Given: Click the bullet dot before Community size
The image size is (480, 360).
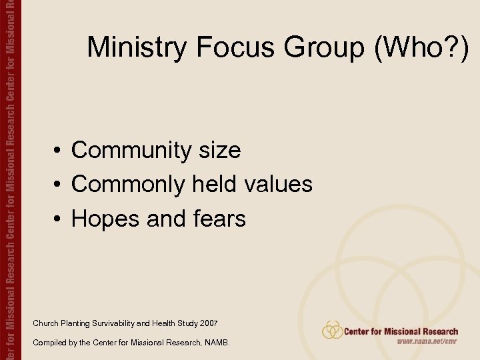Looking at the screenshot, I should tap(59, 151).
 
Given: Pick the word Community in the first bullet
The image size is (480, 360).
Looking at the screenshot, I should tap(131, 151).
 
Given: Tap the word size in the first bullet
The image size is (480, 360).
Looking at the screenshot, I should tap(219, 151).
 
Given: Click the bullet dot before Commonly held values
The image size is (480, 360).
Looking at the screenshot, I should tap(59, 185).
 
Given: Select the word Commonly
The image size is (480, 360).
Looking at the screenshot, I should tap(129, 185).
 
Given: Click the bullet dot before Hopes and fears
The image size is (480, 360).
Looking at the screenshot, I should tap(59, 219).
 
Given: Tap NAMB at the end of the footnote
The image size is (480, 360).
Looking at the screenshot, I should tap(217, 343).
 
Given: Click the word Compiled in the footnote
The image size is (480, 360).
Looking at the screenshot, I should tap(48, 343).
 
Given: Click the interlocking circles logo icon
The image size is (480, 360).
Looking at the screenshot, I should tap(332, 330).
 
